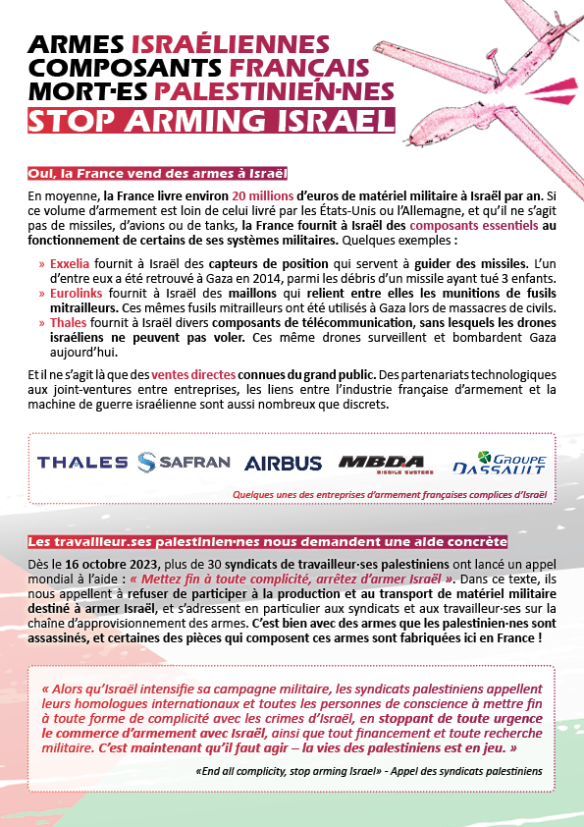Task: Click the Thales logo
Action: click(x=82, y=462)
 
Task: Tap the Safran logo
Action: click(x=185, y=462)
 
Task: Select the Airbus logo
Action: click(x=283, y=463)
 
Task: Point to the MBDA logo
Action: click(x=382, y=463)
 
